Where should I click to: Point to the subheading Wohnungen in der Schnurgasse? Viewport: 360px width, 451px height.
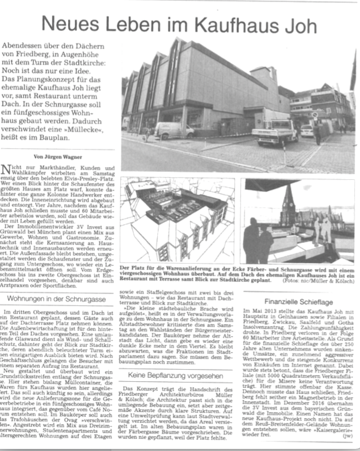click(56, 299)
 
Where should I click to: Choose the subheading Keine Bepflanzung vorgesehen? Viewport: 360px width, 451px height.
click(176, 374)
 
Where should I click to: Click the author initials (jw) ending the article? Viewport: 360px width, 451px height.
click(347, 436)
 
